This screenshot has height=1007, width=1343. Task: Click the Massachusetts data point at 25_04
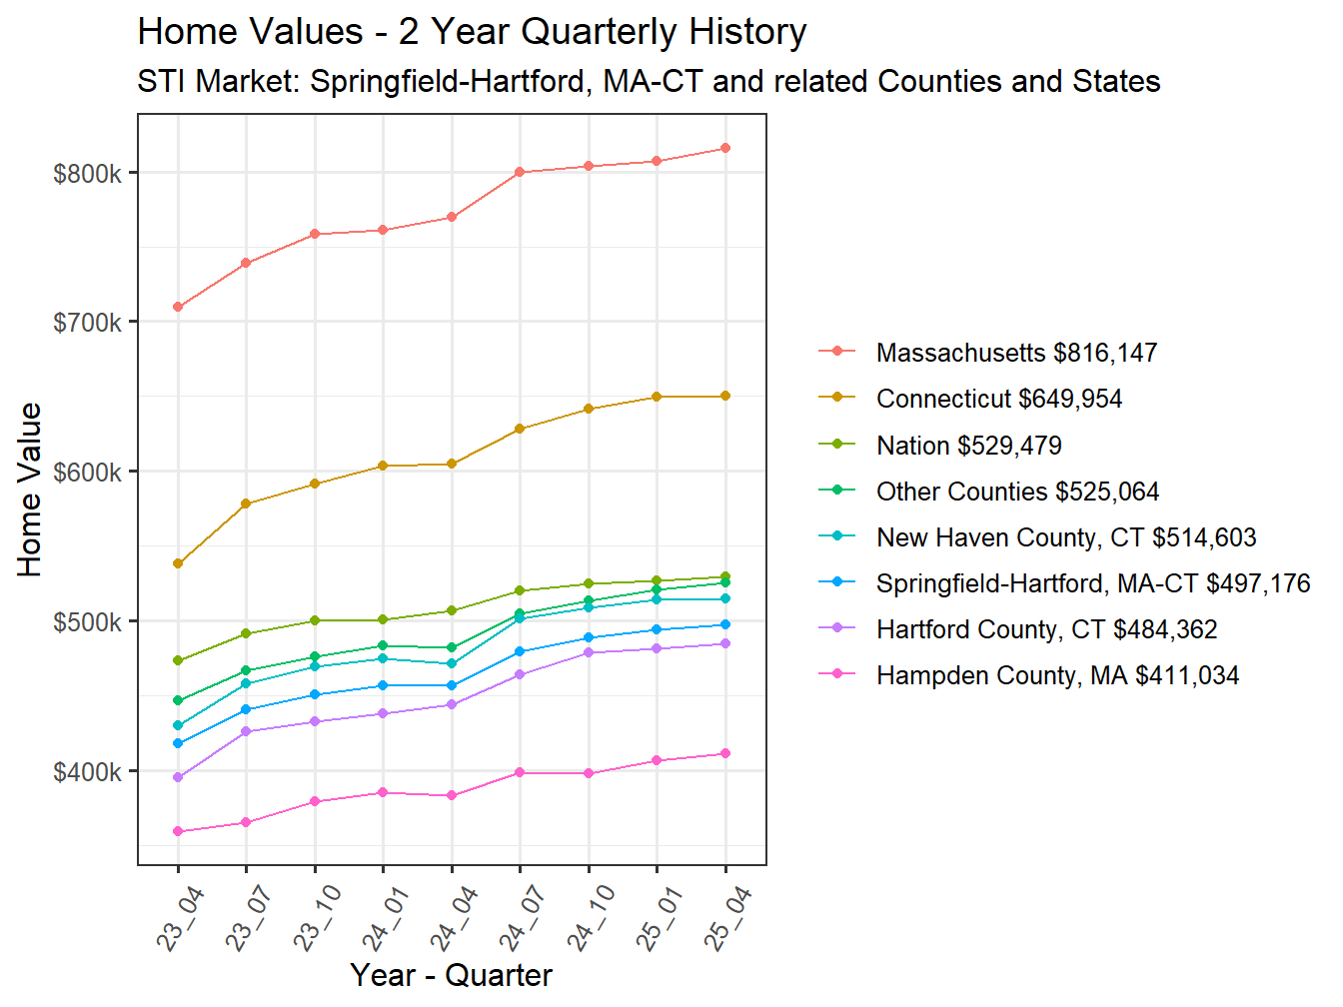[725, 148]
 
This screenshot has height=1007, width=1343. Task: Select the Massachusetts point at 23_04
[178, 307]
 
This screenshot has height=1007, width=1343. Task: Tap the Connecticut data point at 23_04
[178, 563]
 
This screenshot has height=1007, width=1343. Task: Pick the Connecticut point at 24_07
[520, 429]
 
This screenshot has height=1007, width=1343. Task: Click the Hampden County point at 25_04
[725, 753]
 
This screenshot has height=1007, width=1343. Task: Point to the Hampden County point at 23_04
[178, 831]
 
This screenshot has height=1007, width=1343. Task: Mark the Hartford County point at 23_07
[246, 731]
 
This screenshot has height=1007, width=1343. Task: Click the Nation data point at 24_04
[452, 610]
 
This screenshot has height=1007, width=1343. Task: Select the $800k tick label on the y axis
[88, 174]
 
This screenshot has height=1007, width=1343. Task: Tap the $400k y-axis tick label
[88, 772]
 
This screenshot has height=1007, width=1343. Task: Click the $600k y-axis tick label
[88, 473]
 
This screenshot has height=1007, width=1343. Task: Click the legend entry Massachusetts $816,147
[1015, 353]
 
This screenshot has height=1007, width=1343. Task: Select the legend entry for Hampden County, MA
[1056, 675]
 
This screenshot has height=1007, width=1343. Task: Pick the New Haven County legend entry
[1065, 537]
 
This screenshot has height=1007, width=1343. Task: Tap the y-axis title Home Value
[30, 490]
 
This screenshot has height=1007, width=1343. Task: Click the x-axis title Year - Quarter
[452, 975]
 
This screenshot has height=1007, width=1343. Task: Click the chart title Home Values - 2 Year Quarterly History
[472, 32]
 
